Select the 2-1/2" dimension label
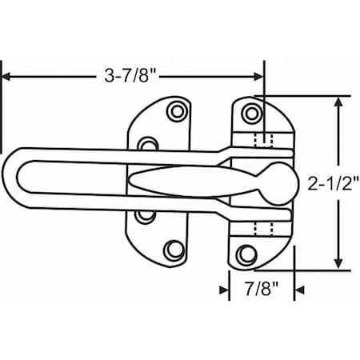[x=334, y=184]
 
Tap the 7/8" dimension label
[x=262, y=289]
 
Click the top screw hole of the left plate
[x=177, y=111]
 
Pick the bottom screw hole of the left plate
[x=174, y=250]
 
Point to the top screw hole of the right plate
[x=251, y=114]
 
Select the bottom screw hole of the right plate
[x=246, y=254]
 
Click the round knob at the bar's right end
[x=280, y=184]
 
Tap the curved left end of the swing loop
[x=10, y=176]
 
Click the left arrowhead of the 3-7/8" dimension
[x=6, y=77]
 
